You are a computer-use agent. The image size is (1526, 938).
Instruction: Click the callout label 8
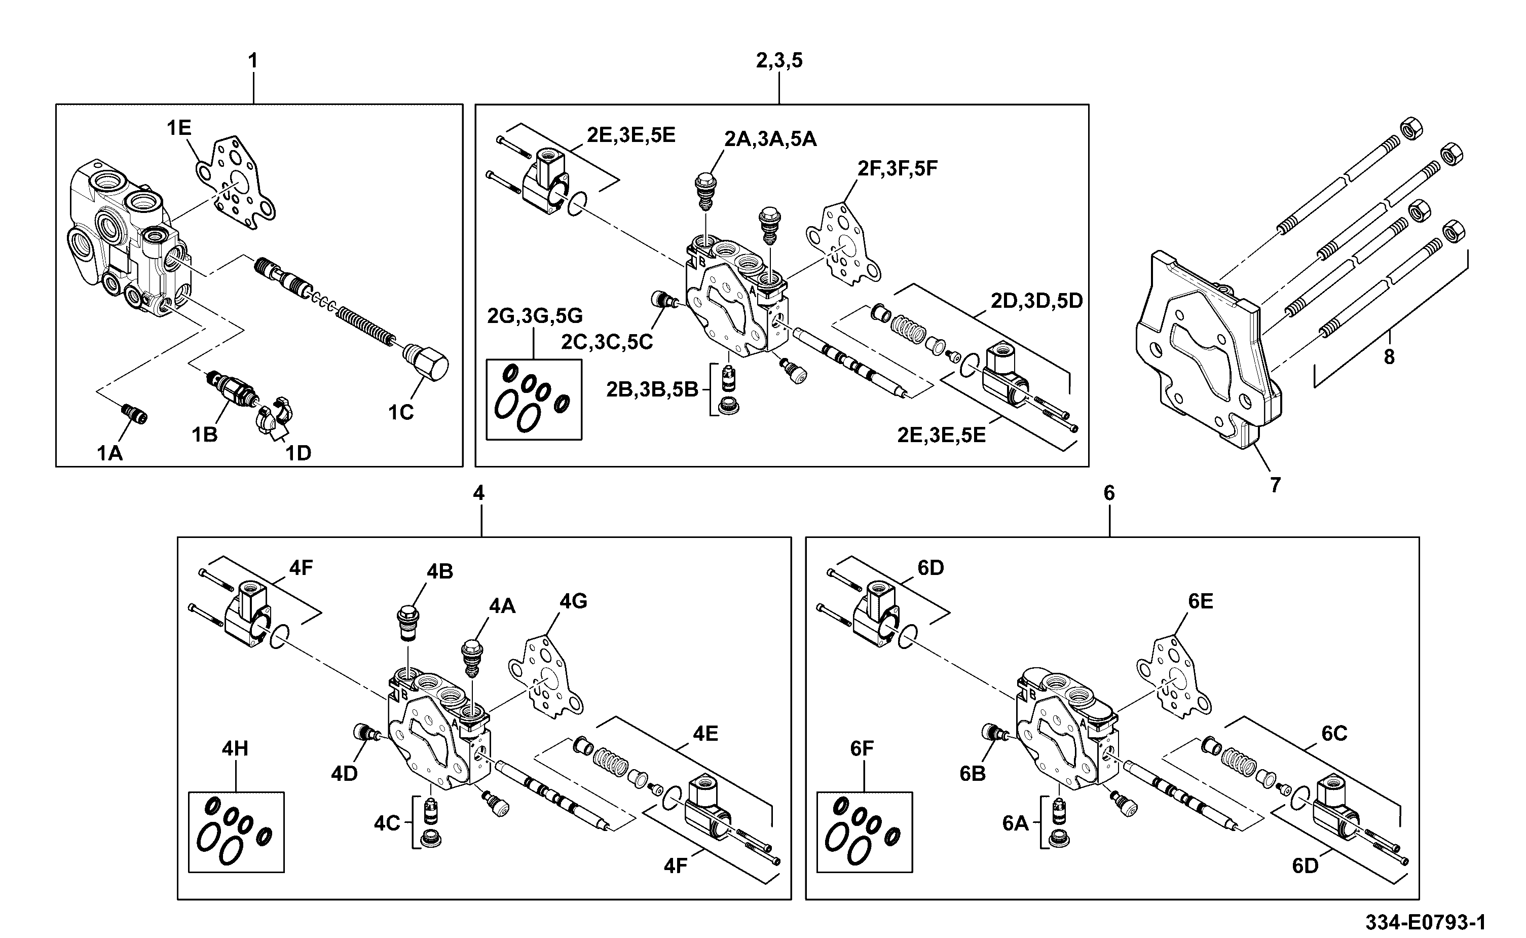tap(1389, 357)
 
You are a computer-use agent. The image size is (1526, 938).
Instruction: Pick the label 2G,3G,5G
tap(535, 316)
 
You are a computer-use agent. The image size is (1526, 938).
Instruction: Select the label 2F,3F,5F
tap(897, 168)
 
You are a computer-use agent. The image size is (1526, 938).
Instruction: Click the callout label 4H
tap(235, 749)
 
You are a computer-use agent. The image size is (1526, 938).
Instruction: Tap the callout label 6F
tap(862, 749)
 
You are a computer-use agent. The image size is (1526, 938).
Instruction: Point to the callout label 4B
tap(439, 571)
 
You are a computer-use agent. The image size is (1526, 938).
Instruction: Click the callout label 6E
tap(1201, 601)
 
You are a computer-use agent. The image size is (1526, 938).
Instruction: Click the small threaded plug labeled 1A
tap(133, 413)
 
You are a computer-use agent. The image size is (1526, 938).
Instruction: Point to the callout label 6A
tap(1015, 823)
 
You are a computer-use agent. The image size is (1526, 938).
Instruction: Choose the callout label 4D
tap(344, 774)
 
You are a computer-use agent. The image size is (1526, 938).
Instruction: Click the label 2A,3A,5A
tap(770, 139)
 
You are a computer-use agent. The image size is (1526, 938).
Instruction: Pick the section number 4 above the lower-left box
tap(479, 493)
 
